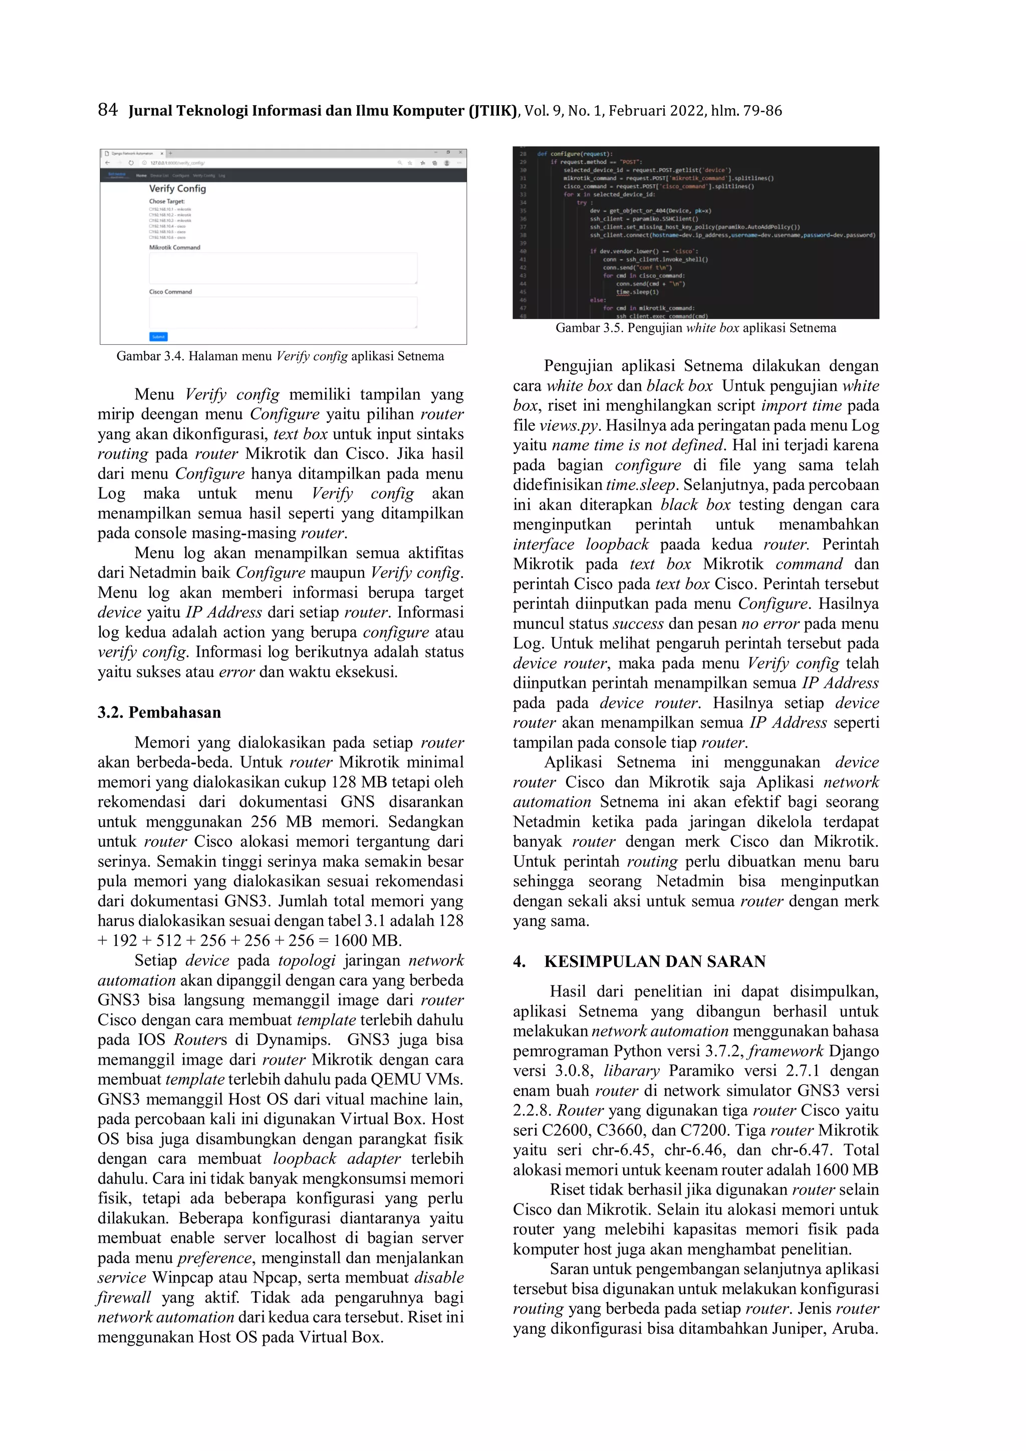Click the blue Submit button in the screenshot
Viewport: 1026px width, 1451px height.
click(x=158, y=336)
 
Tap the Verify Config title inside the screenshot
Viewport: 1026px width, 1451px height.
click(x=177, y=188)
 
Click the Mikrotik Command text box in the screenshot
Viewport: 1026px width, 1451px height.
click(x=283, y=268)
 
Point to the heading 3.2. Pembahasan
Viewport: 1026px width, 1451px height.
click(x=159, y=712)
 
